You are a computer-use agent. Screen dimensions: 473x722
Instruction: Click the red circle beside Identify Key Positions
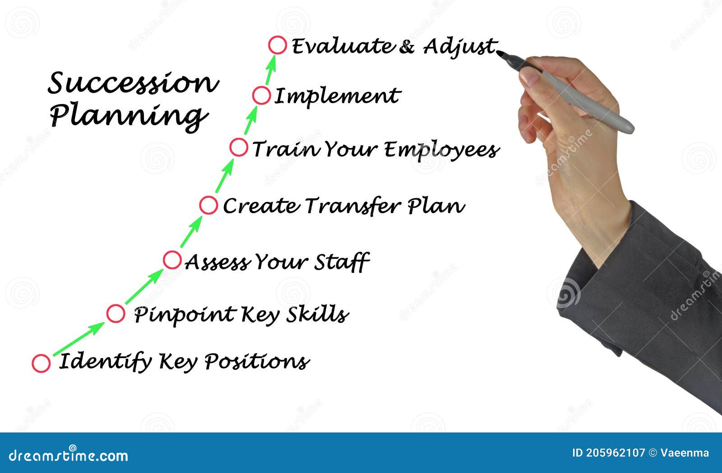tap(41, 363)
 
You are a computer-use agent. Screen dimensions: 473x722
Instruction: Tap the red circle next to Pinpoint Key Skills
tap(116, 314)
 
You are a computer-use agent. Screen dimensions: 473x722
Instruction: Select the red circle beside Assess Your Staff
tap(172, 260)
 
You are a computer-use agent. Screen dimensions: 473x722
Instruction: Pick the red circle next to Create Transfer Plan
tap(208, 205)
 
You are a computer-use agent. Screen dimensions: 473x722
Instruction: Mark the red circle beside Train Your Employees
tap(239, 147)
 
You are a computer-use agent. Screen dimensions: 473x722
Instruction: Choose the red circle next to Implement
tap(261, 96)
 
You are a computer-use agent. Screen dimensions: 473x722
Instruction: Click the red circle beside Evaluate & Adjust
tap(277, 45)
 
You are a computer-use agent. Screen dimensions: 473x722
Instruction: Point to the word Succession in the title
tap(133, 83)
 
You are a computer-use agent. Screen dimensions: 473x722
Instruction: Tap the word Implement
tap(337, 96)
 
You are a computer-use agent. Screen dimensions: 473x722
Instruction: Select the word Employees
tap(442, 150)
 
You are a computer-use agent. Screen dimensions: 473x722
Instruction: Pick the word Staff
tap(342, 262)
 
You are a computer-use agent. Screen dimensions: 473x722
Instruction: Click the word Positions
tap(256, 362)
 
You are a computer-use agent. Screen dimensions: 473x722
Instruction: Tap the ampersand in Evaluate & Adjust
tap(407, 46)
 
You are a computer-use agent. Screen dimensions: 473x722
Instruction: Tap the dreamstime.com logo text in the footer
tap(68, 455)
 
